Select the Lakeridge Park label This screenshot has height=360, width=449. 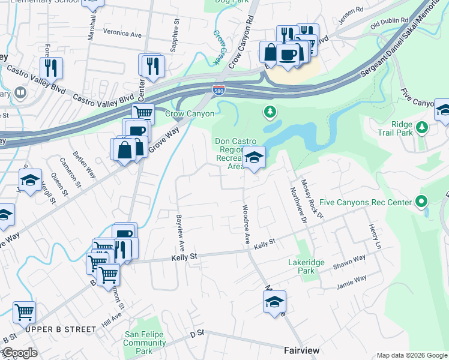click(x=300, y=266)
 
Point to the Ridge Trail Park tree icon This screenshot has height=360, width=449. click(x=422, y=127)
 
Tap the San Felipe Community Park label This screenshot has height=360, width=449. click(x=145, y=343)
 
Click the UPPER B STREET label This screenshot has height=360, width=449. click(x=61, y=329)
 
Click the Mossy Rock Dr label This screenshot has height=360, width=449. click(x=312, y=199)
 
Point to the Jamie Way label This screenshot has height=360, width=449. click(x=352, y=280)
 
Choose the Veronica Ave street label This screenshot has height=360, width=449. click(x=122, y=34)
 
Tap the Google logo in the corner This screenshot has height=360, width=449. click(x=19, y=353)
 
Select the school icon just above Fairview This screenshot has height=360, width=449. click(x=274, y=302)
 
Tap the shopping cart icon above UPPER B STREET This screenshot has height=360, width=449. click(x=24, y=312)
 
